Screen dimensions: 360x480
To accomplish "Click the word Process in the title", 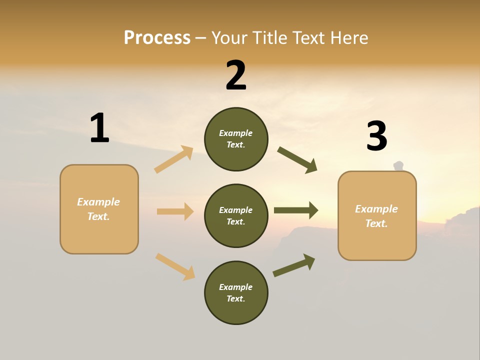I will pyautogui.click(x=157, y=38).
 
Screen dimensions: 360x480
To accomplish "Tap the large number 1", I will pyautogui.click(x=99, y=128).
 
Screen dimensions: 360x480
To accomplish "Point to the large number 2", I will pyautogui.click(x=236, y=75).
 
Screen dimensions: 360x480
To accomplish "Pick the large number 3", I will pyautogui.click(x=376, y=136).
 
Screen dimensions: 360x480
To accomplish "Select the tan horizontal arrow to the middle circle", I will pyautogui.click(x=175, y=211).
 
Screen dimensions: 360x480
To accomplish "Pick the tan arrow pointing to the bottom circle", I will pyautogui.click(x=175, y=266).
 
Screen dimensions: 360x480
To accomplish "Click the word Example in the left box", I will pyautogui.click(x=98, y=202).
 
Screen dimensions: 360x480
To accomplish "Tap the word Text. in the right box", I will pyautogui.click(x=376, y=223).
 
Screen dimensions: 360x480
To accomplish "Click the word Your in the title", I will pyautogui.click(x=230, y=38).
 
